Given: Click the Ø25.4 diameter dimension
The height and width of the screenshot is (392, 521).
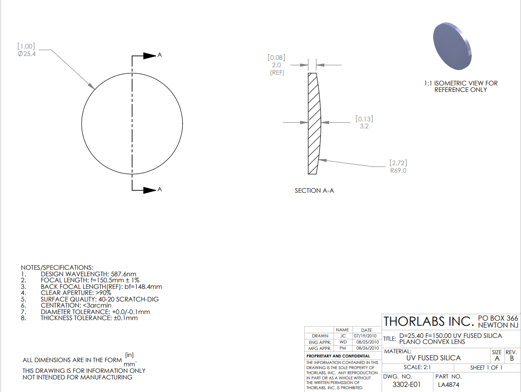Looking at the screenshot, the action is pyautogui.click(x=27, y=54).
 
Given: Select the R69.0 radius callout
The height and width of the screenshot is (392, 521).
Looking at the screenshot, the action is pyautogui.click(x=398, y=170).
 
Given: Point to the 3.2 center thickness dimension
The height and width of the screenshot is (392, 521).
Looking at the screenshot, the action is pyautogui.click(x=364, y=126).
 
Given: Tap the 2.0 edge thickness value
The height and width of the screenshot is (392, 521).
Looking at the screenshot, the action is pyautogui.click(x=276, y=65).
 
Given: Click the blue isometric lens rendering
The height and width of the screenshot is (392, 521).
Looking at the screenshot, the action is pyautogui.click(x=452, y=46).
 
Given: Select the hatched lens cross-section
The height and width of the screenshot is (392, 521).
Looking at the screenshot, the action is pyautogui.click(x=314, y=124).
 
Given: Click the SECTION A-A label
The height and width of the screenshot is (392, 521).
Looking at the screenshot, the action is pyautogui.click(x=314, y=190).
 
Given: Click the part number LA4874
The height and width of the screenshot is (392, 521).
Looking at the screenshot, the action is pyautogui.click(x=449, y=385).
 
